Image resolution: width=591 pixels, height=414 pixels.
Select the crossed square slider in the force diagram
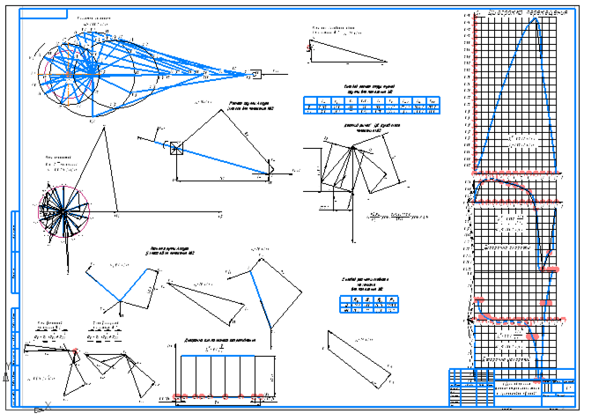176,148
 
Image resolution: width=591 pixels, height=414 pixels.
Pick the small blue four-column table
366,304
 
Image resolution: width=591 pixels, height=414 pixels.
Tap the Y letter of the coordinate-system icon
8,364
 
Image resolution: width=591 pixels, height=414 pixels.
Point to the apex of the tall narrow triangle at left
103,128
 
